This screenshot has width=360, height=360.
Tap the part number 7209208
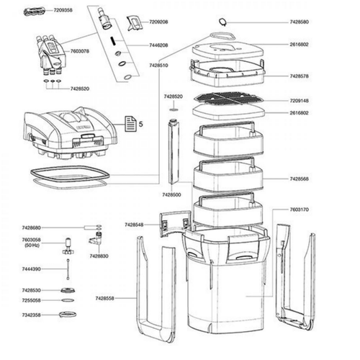point(159,23)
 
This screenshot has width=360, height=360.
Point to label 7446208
point(159,45)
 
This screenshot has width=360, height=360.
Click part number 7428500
point(172,194)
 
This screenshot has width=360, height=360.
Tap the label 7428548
point(134,225)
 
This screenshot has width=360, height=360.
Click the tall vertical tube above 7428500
point(172,151)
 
